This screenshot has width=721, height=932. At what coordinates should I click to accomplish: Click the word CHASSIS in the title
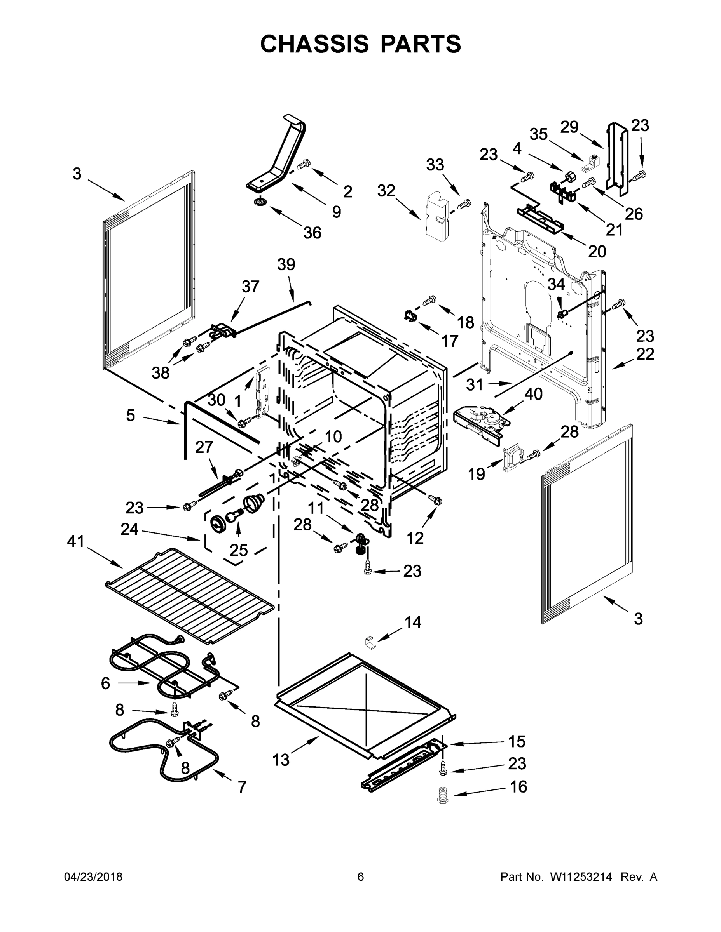tap(314, 44)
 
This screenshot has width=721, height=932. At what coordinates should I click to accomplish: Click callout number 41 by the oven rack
tap(76, 542)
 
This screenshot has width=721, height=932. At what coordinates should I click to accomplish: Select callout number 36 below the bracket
tap(312, 233)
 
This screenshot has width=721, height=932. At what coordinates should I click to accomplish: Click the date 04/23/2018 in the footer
tap(93, 876)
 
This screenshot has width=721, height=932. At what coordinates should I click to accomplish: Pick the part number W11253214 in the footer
tap(581, 876)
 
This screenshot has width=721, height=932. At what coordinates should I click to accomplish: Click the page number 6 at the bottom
tap(361, 876)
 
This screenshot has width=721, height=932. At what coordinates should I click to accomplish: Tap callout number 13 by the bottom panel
tap(281, 760)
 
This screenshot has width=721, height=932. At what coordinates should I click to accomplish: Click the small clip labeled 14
tap(370, 642)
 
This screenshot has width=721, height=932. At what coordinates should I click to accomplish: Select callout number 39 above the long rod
tap(286, 264)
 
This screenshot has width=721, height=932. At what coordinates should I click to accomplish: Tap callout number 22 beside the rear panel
tap(645, 354)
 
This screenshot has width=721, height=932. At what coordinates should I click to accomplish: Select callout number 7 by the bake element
tap(242, 786)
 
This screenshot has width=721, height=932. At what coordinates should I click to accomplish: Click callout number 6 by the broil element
tap(105, 683)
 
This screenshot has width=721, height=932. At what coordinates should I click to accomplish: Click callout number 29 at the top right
tap(569, 127)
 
